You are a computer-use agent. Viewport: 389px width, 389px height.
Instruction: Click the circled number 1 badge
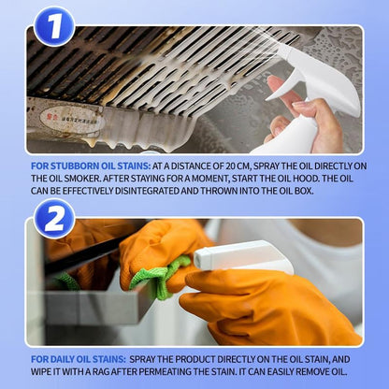click(54, 25)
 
